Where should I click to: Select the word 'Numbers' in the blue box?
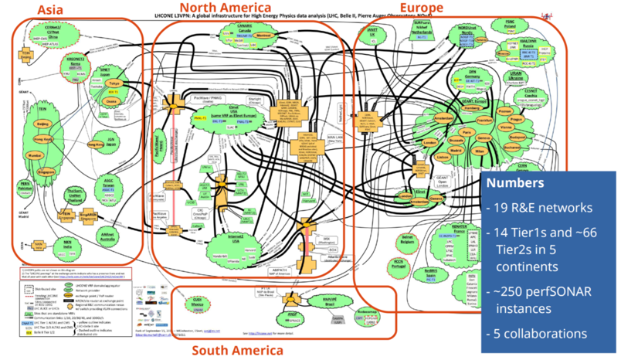[516, 185]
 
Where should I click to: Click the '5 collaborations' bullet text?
[539, 334]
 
